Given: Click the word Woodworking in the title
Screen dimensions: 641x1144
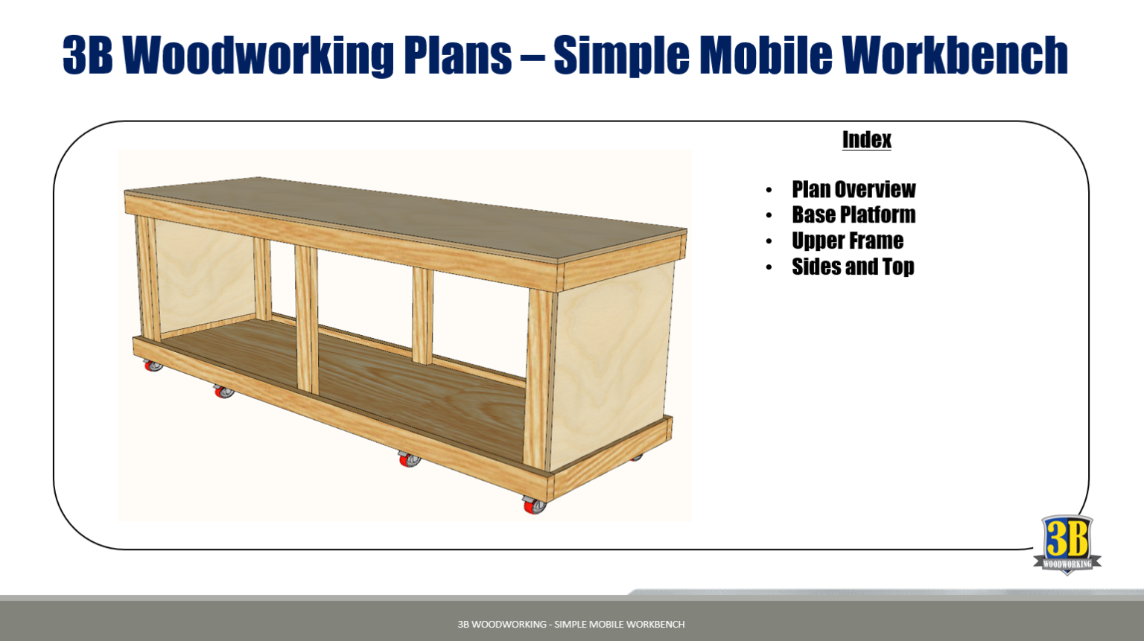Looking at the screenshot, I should click(258, 54).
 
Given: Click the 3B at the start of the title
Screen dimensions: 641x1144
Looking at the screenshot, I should click(88, 54).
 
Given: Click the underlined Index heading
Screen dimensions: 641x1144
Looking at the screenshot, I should click(866, 140).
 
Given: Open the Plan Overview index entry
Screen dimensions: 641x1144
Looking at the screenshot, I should click(854, 189).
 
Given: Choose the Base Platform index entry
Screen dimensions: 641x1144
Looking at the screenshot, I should click(854, 215).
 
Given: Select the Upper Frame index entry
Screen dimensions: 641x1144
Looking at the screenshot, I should click(848, 241).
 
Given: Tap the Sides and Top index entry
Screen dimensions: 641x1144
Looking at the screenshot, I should click(853, 267).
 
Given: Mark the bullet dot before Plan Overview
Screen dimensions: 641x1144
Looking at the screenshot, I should click(769, 191).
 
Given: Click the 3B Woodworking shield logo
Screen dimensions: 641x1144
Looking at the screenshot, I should click(1067, 544).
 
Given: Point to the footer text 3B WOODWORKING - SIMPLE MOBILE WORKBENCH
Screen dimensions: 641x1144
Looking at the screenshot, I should click(571, 624).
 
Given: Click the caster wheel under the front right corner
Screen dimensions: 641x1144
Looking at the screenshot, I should click(534, 506).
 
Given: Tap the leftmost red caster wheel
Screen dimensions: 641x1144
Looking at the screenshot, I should click(153, 366).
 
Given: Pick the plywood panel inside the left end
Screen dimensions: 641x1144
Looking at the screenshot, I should click(205, 275).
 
